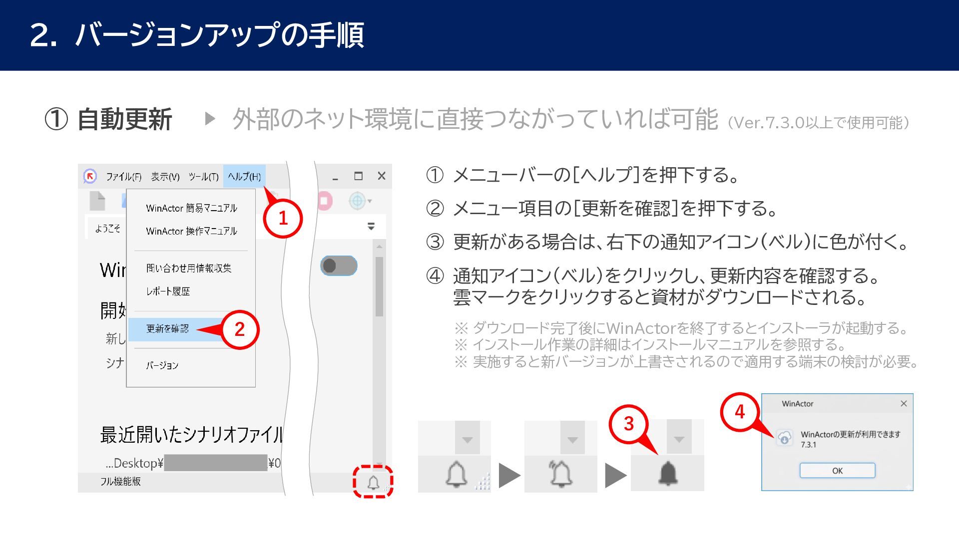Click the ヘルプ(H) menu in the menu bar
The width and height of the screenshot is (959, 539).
tap(244, 176)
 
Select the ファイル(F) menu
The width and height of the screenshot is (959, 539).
tap(123, 177)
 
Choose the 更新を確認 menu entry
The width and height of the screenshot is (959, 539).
tap(167, 328)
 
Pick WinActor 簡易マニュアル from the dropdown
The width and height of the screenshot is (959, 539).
tap(191, 208)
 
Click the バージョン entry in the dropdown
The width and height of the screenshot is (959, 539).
tap(162, 365)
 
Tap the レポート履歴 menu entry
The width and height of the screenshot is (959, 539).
tap(168, 291)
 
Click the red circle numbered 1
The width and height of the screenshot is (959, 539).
tap(283, 218)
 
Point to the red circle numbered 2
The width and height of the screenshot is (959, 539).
tap(240, 329)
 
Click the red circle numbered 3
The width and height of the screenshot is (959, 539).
tap(628, 424)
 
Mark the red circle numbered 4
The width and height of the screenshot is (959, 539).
tap(740, 412)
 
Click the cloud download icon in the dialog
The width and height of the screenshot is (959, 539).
tap(784, 438)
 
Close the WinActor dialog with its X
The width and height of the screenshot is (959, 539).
tap(904, 403)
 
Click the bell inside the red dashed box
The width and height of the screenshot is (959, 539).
tap(373, 482)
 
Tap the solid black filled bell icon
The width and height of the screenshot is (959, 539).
tap(668, 473)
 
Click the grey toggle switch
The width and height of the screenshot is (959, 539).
tap(339, 266)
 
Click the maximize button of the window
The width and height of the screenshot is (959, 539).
tap(358, 176)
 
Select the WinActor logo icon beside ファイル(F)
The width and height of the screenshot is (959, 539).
tap(90, 176)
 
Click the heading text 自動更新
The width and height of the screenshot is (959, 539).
tap(125, 120)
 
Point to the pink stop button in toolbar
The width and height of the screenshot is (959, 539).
tap(325, 201)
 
